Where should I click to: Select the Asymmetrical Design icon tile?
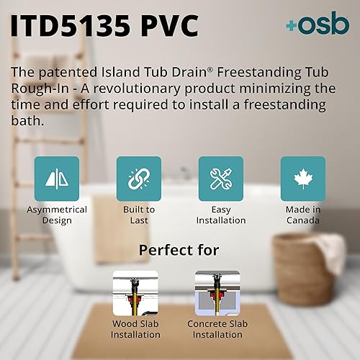coord(56,179)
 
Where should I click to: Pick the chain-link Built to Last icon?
coord(138,179)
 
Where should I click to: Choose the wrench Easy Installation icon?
coord(220,179)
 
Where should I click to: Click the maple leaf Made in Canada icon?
coord(302,179)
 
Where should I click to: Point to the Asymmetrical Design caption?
coord(56,215)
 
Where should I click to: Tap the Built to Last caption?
coord(138,215)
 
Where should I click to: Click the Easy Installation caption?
coord(220,215)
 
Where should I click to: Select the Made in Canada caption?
coord(302,215)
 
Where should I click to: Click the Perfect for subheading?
coord(179,251)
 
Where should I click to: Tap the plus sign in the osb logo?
coord(291,26)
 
